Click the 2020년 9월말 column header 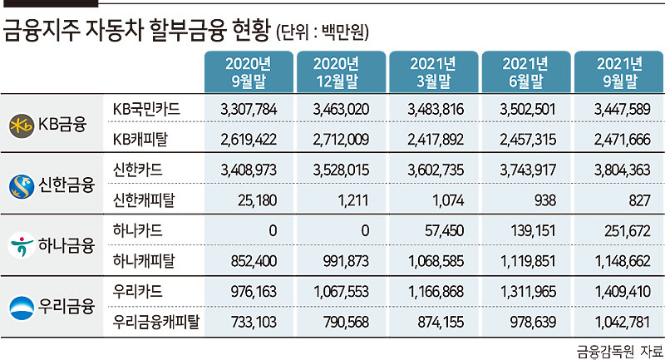249,72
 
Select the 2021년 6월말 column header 526,72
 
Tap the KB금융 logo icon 22,126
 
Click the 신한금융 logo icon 22,186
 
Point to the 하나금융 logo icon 22,245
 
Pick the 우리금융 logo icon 22,308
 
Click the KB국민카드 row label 146,110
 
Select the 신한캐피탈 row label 144,200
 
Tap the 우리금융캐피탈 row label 156,322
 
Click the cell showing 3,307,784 249,110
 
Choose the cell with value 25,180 257,200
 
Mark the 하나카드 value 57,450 444,230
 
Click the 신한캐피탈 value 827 639,200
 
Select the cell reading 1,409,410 622,291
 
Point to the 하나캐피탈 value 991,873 346,261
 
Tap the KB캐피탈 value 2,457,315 528,140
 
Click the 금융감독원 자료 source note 619,352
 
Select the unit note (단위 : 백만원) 323,32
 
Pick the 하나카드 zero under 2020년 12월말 365,230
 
